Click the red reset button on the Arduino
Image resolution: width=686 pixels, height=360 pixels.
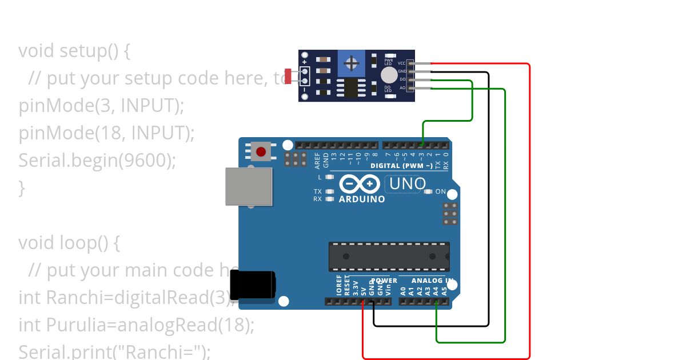(261, 152)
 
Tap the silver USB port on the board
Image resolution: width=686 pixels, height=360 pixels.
(249, 186)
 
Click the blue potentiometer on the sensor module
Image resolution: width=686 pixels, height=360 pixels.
(352, 62)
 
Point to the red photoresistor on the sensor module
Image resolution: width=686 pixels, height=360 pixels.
(289, 75)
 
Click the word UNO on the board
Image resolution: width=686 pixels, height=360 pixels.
(408, 184)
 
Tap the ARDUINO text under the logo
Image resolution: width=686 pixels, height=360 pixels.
(362, 199)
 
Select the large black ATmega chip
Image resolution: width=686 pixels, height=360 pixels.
(389, 257)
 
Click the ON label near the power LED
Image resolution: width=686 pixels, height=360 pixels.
(440, 191)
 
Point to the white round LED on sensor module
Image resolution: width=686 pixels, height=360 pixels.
(389, 75)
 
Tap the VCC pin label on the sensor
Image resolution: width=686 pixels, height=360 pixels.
(402, 63)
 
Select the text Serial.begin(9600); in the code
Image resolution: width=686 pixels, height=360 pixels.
(97, 161)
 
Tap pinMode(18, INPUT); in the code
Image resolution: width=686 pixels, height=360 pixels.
(106, 133)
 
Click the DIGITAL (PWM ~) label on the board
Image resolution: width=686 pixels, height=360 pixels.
(401, 166)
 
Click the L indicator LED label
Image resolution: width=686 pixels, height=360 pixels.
(320, 177)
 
